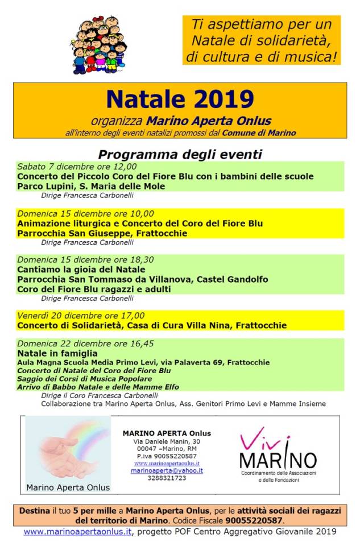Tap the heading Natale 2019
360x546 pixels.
(x=180, y=100)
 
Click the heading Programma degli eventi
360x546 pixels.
(x=180, y=154)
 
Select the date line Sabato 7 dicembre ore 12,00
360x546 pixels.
(x=77, y=167)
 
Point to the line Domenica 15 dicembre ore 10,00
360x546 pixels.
(x=82, y=214)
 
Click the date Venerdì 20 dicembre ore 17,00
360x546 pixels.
(x=81, y=315)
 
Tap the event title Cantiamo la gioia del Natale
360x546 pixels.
(x=81, y=269)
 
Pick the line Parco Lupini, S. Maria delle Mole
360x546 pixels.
(x=91, y=186)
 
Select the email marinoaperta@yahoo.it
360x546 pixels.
(x=167, y=470)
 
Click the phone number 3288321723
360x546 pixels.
(x=167, y=478)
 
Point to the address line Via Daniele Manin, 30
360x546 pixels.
(x=167, y=441)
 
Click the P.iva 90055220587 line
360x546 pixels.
(x=167, y=456)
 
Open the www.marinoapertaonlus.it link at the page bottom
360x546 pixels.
(x=78, y=531)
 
